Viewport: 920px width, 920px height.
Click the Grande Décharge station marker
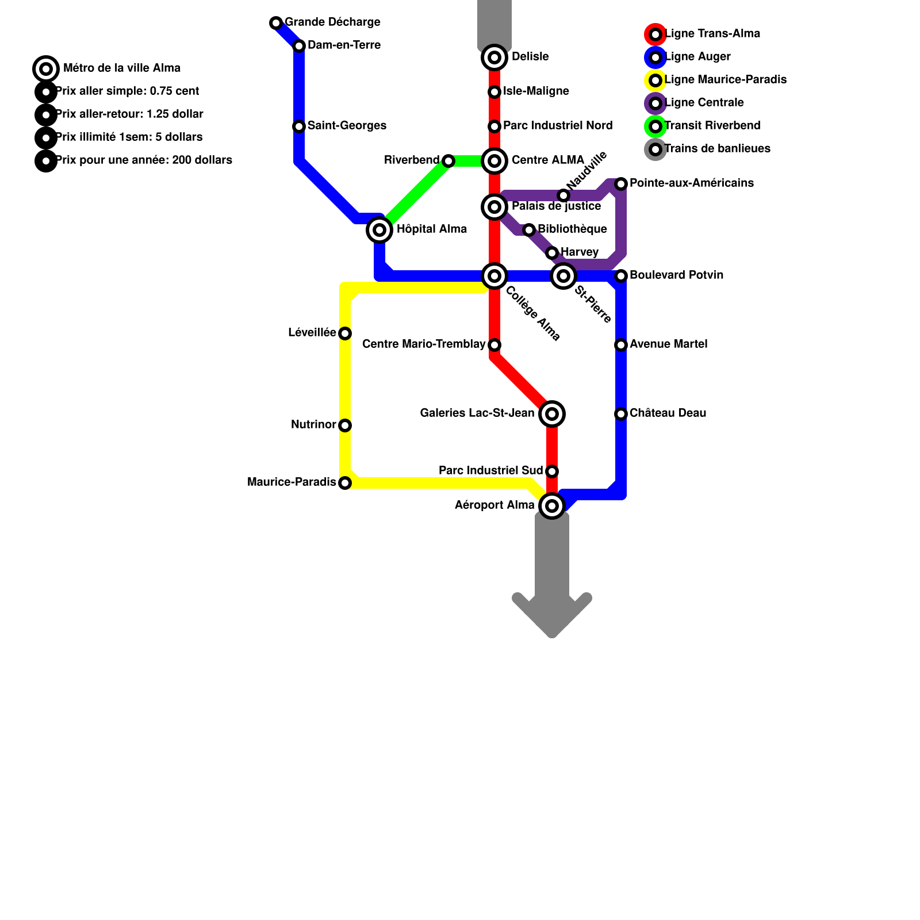coord(276,23)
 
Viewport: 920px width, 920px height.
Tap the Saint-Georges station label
coord(347,126)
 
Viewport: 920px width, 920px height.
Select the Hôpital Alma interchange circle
coord(379,230)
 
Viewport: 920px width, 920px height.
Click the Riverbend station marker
coord(448,161)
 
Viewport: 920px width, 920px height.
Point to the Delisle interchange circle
coord(494,57)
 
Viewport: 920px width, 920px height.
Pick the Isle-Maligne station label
coord(536,91)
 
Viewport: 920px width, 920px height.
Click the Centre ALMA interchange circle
coord(494,161)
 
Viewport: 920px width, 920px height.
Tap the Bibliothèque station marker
coord(529,230)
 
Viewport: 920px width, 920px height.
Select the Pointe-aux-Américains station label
coord(691,183)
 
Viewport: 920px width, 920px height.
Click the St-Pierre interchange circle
coord(563,276)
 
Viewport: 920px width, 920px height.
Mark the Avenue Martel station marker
coord(621,345)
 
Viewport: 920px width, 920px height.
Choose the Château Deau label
coord(668,413)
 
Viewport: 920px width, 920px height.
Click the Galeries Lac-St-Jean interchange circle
coord(552,414)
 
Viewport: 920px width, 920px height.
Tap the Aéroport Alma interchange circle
coord(552,506)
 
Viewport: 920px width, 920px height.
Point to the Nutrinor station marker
coord(345,425)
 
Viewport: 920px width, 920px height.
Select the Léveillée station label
coord(312,333)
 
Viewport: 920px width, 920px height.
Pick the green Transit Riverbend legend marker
coord(655,126)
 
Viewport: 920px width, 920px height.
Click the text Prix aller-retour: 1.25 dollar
coord(129,114)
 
